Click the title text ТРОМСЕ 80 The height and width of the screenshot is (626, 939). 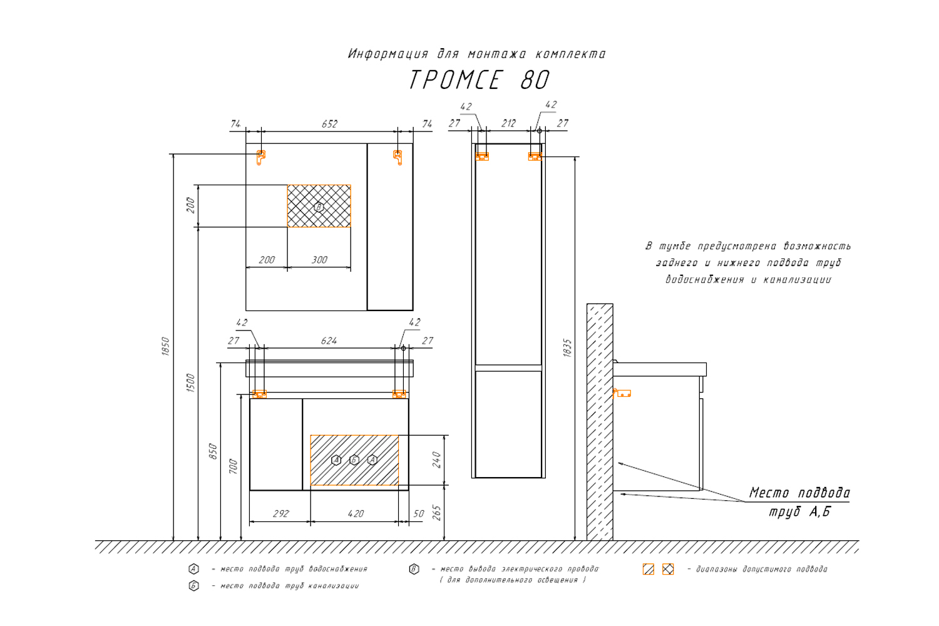coord(479,80)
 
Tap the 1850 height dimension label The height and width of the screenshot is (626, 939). coord(166,346)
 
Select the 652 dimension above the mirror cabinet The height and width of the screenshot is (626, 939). coord(329,124)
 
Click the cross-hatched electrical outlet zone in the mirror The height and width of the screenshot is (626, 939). coord(319,206)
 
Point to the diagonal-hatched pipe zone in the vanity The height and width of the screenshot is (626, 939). coord(354,460)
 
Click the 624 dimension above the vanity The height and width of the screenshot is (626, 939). coord(329,341)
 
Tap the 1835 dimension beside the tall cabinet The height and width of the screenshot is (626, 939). coord(567,348)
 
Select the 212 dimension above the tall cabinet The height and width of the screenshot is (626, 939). coord(508,123)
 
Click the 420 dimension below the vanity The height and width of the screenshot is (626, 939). coord(355,513)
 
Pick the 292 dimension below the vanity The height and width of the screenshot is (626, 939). coord(281,513)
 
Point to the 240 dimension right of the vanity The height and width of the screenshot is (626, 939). coord(437,459)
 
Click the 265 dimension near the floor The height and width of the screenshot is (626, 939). coord(437,513)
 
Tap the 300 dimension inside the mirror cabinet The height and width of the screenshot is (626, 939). coord(319,260)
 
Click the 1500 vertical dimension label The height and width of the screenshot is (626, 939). coord(191,382)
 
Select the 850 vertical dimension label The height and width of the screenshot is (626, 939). coord(213,451)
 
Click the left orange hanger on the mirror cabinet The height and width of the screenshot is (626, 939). coord(261,156)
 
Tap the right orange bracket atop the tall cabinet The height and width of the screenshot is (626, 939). coord(534,156)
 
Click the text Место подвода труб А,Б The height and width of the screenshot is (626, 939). coord(799,502)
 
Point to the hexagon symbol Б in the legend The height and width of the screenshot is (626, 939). coord(194,586)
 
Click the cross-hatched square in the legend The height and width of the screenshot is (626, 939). coord(668,569)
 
